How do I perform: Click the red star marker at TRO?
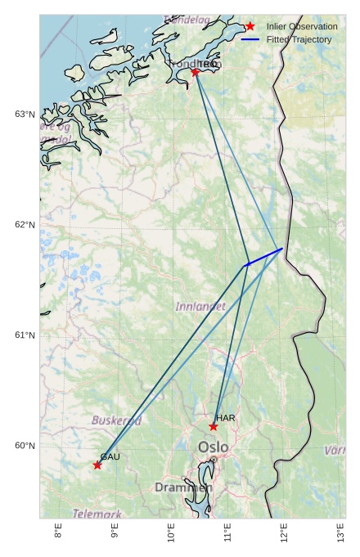pos(196,72)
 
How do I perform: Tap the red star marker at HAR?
pos(214,426)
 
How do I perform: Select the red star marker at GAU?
pos(97,465)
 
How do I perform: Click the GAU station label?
pos(110,456)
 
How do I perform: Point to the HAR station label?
pos(226,418)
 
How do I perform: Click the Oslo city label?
pos(214,447)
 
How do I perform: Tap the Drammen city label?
pos(183,487)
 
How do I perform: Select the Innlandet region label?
pos(200,307)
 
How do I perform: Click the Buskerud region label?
pos(116,420)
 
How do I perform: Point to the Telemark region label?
pos(97,514)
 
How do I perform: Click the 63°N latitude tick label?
pos(25,114)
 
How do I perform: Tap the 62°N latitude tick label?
pos(25,225)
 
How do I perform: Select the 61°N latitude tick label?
pos(25,335)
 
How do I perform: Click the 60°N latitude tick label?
pos(25,446)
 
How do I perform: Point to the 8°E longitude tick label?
pos(58,532)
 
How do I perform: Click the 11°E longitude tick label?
pos(227,532)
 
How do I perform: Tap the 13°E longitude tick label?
pos(341,532)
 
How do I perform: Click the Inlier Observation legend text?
pos(302,27)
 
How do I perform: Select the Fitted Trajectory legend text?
pos(299,39)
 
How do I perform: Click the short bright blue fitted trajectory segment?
pos(264,257)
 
